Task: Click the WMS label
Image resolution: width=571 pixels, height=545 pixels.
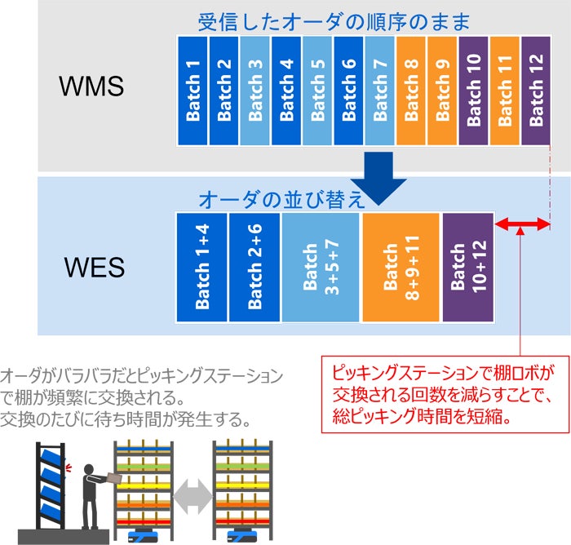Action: (91, 86)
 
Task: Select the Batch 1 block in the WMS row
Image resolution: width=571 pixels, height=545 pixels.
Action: (192, 90)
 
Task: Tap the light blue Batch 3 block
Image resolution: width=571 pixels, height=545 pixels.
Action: (255, 90)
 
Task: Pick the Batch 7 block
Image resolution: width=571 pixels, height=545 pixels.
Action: (379, 90)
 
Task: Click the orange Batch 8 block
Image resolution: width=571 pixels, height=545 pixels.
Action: (410, 90)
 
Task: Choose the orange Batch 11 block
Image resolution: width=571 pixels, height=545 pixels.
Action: (504, 90)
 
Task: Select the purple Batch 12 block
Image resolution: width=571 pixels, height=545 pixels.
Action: (536, 90)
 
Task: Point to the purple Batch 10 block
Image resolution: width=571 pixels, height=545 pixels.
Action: (473, 90)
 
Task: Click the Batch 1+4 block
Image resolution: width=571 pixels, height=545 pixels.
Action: (202, 268)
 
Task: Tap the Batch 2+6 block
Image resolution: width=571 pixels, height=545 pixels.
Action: (255, 268)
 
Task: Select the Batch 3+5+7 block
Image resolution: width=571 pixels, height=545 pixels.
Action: (321, 268)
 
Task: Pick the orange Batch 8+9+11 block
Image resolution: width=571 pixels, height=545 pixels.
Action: (401, 268)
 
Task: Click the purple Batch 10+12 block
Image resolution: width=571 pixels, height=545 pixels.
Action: (467, 268)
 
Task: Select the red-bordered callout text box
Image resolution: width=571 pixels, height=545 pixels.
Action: (442, 393)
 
